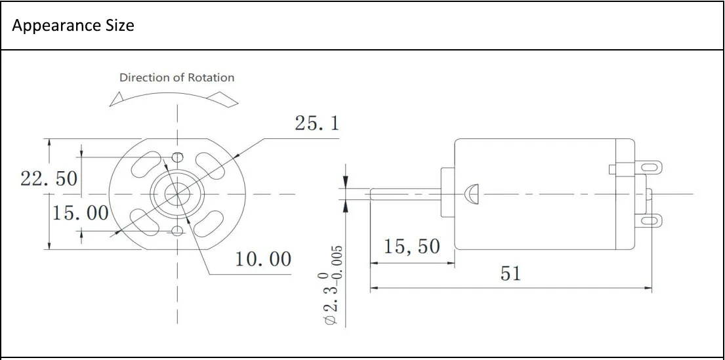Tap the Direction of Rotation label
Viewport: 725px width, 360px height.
pyautogui.click(x=176, y=77)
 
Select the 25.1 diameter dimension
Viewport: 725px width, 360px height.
pyautogui.click(x=316, y=123)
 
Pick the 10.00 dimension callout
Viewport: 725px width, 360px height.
pyautogui.click(x=263, y=259)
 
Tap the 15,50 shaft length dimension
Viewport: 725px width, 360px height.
pyautogui.click(x=411, y=247)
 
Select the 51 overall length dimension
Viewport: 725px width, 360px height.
pyautogui.click(x=510, y=273)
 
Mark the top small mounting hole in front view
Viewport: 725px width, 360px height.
pyautogui.click(x=177, y=157)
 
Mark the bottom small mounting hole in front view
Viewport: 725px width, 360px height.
pyautogui.click(x=177, y=230)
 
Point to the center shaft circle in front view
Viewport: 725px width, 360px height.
pyautogui.click(x=177, y=193)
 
